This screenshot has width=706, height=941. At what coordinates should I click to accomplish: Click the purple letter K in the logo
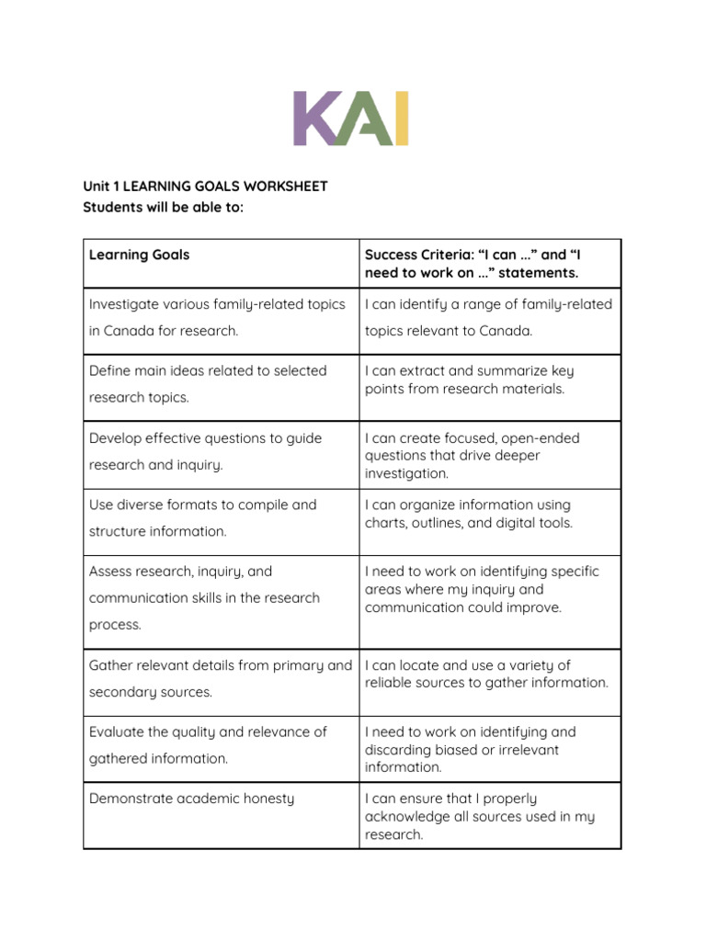click(314, 119)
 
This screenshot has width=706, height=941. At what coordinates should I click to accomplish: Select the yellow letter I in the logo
click(401, 119)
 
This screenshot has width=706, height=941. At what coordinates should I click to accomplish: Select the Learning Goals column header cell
click(221, 264)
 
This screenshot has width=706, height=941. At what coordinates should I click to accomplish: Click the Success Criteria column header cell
click(490, 264)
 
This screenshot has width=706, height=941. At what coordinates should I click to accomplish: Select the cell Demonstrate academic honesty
click(221, 816)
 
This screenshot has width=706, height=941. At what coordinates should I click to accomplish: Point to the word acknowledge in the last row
click(405, 817)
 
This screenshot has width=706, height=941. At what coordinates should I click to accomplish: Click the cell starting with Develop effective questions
click(221, 455)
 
